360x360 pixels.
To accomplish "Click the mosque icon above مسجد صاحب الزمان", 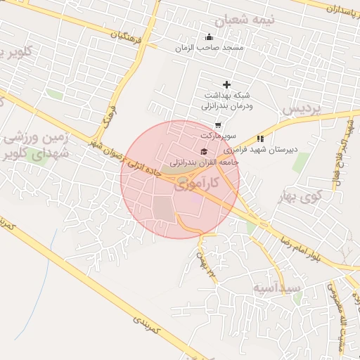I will coord(209,37).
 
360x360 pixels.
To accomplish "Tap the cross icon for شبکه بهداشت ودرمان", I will coord(226,85).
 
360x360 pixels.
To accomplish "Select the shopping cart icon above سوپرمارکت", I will coord(218,124).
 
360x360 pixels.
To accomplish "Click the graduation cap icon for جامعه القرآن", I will coord(204,151).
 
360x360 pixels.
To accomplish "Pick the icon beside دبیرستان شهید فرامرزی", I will coord(260,139).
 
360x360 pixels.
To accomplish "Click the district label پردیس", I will coord(301,110).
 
